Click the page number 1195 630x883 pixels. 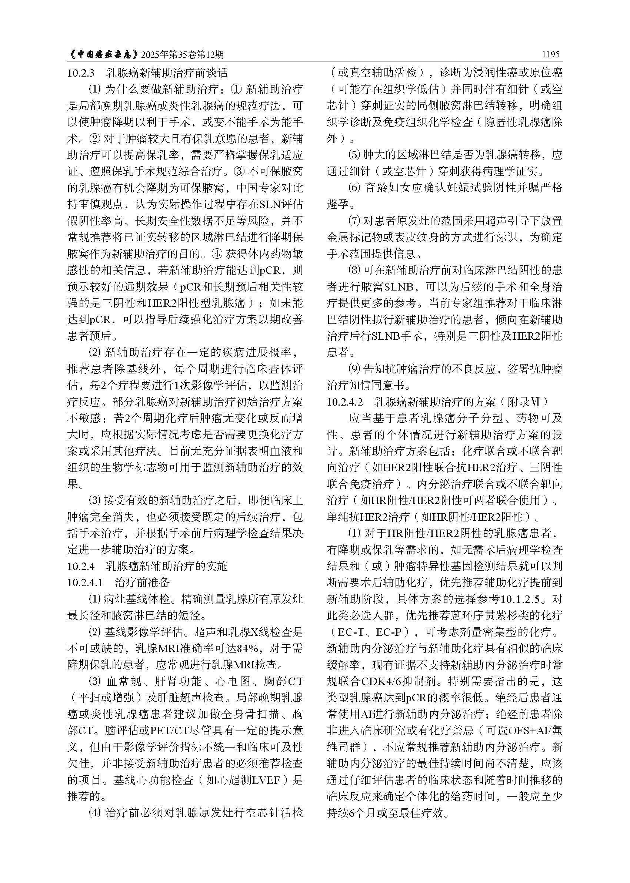[551, 54]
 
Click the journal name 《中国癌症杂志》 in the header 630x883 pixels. [103, 55]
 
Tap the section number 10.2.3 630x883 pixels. [81, 73]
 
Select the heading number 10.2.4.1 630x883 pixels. [85, 582]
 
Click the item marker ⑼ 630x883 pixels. [354, 369]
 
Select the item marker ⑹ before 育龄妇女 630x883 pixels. [354, 188]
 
